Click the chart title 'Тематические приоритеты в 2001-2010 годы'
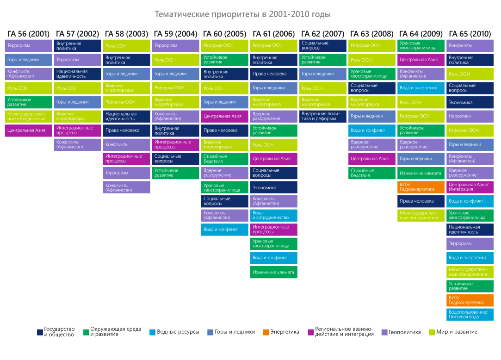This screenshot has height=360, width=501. tap(243, 14)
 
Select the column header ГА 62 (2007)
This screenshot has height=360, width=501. tap(322, 34)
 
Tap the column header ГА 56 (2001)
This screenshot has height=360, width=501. tap(28, 34)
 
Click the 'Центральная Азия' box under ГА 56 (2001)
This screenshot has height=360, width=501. tap(28, 130)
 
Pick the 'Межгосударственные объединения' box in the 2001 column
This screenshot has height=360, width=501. tap(28, 116)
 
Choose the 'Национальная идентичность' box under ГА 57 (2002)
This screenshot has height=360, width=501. tap(77, 74)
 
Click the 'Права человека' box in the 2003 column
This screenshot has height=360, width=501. tap(126, 130)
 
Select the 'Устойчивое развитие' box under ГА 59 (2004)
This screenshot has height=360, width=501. tap(175, 173)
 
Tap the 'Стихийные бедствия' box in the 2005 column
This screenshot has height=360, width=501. tap(224, 159)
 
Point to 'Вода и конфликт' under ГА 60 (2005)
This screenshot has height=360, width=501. tap(224, 230)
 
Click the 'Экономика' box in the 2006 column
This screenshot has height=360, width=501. tap(273, 187)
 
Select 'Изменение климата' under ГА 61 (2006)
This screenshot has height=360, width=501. tap(273, 272)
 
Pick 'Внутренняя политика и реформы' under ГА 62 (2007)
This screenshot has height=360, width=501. tap(322, 116)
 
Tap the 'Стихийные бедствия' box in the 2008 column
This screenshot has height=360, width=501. tap(371, 173)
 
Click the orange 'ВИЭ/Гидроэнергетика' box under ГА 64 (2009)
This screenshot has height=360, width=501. tap(421, 187)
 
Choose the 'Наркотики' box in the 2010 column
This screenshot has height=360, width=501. tap(470, 116)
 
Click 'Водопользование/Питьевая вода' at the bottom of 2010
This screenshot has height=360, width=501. tap(470, 315)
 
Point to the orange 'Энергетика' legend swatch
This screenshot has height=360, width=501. tap(266, 332)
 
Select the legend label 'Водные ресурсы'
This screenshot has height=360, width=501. tap(178, 332)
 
